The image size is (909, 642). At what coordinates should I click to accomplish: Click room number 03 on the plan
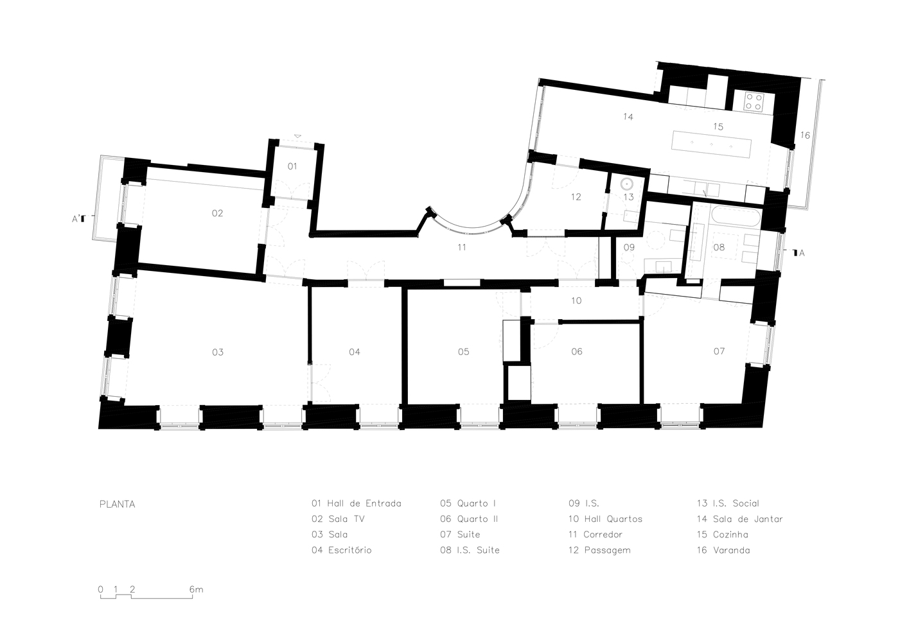click(x=218, y=352)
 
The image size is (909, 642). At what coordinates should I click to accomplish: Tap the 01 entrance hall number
click(x=292, y=166)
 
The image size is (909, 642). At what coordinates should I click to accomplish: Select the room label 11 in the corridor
click(x=461, y=247)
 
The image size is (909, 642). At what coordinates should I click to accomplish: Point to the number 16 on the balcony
click(x=805, y=135)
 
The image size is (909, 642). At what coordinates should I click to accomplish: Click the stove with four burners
click(x=754, y=101)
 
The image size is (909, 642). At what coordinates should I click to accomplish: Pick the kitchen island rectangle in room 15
click(x=711, y=144)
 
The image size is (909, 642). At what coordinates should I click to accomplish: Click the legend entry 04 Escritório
click(x=342, y=550)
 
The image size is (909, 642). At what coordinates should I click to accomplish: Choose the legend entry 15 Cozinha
click(x=723, y=535)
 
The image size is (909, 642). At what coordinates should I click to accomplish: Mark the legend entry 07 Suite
click(x=460, y=535)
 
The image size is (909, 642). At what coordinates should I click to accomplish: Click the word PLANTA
click(x=118, y=505)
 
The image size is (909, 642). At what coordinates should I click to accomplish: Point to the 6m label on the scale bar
click(x=197, y=589)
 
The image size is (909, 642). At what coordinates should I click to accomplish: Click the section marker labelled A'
click(x=78, y=219)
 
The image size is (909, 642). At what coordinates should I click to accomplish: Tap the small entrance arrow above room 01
click(x=297, y=137)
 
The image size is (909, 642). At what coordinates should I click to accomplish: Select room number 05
click(x=463, y=352)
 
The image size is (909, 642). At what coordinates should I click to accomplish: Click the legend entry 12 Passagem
click(x=599, y=550)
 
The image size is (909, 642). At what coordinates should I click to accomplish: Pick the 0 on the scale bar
click(x=101, y=589)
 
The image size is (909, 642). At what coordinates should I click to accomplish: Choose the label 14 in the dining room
click(x=628, y=117)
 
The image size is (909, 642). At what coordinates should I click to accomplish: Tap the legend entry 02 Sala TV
click(x=338, y=519)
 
